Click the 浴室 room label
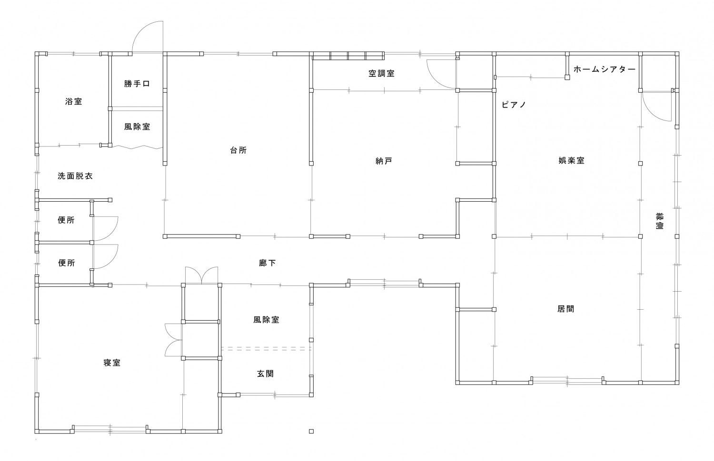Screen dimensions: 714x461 [74, 102]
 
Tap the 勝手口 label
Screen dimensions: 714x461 [137, 84]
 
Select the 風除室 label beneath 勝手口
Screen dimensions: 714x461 [137, 127]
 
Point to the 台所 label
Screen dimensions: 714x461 [238, 150]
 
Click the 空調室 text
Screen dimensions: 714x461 [382, 74]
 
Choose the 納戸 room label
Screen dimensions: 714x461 [384, 161]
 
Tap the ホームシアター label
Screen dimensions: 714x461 [605, 69]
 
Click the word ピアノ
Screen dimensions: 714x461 [514, 105]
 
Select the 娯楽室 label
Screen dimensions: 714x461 [572, 161]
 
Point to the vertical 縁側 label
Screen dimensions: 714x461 [659, 221]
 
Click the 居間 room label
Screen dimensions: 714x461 [566, 309]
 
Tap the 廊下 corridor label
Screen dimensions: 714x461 [267, 263]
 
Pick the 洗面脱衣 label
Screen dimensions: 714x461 [75, 176]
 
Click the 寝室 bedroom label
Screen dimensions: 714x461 [112, 363]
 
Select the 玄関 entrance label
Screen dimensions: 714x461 [266, 374]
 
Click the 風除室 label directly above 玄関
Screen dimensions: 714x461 [267, 320]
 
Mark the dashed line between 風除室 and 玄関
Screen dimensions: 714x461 [266, 349]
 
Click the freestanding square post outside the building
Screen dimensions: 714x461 [311, 432]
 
